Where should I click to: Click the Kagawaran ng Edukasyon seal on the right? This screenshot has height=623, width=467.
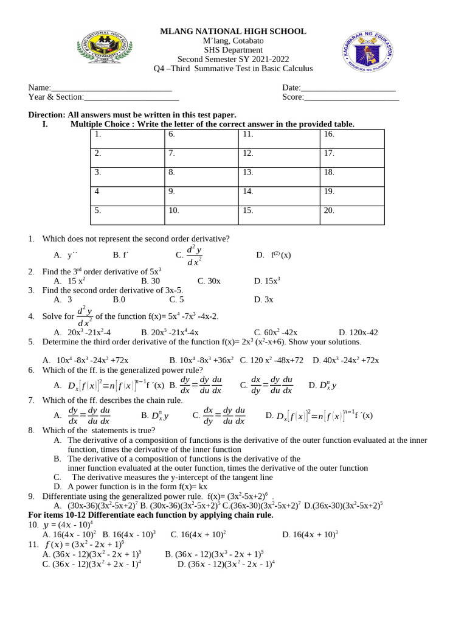[365, 53]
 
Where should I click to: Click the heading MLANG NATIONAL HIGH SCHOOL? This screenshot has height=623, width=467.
[233, 32]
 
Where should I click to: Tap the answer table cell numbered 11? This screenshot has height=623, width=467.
[278, 138]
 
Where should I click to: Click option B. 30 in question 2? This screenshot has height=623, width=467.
[150, 282]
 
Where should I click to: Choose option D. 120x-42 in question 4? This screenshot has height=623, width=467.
[358, 333]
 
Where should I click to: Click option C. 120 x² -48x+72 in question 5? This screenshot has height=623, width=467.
[271, 361]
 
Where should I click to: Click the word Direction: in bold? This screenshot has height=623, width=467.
[47, 115]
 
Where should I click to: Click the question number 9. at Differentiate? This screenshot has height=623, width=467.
[32, 496]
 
